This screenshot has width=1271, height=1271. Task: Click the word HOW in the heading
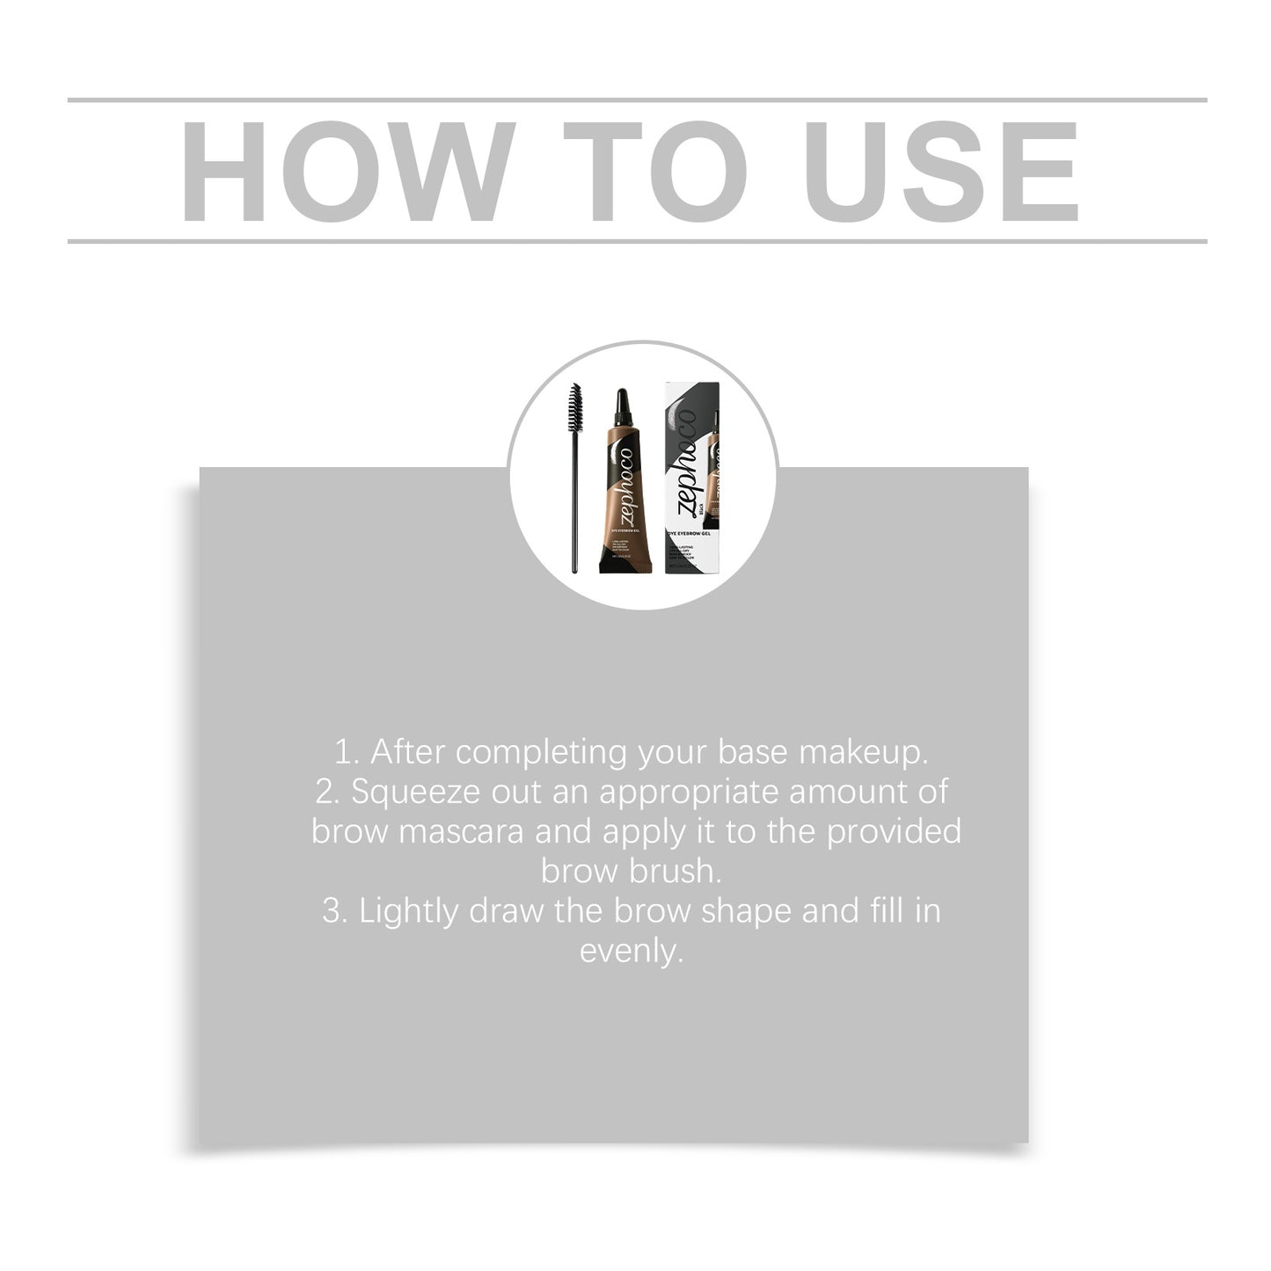tap(347, 172)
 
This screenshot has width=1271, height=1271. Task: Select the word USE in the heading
tap(940, 172)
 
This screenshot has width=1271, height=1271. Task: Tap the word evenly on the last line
tap(632, 951)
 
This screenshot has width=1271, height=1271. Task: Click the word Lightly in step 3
tap(409, 911)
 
